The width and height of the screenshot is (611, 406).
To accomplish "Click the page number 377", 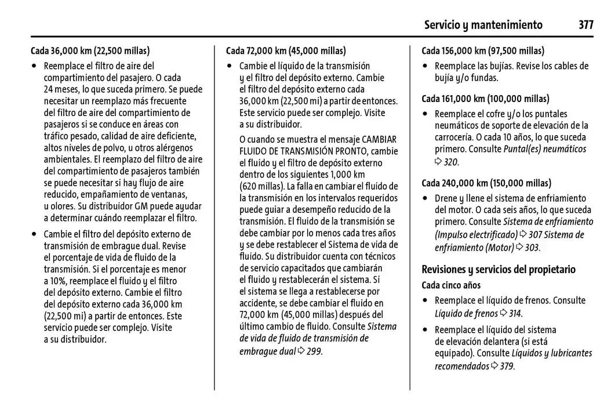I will pos(585,25).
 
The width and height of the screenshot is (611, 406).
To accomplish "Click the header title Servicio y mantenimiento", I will pos(483,25).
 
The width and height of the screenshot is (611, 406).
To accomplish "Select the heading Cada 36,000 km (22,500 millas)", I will pos(90,50).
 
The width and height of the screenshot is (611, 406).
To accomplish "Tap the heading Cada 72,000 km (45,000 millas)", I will pos(286,50).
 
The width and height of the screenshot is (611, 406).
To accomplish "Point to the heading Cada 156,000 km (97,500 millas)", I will pos(483,50).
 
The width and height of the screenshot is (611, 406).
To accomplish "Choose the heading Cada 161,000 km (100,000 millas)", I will pos(485,99).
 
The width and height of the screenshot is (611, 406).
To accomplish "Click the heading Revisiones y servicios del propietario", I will pos(499,270).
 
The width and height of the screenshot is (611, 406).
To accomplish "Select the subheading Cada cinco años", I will pos(451,285).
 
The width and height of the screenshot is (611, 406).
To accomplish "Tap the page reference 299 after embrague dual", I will pos(314,351).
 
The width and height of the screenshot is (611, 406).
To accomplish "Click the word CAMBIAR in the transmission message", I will pos(380,139).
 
